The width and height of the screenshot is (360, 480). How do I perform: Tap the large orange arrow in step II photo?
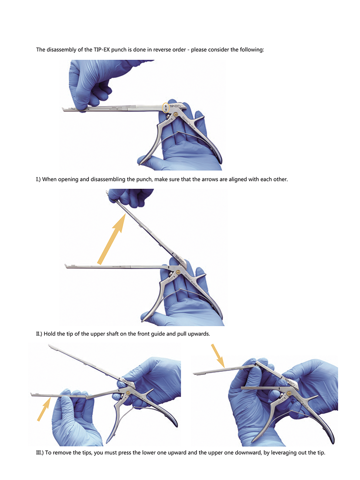pyautogui.click(x=112, y=238)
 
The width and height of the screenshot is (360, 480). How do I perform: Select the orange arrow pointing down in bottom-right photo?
pyautogui.click(x=218, y=356)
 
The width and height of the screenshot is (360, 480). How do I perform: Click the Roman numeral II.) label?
pyautogui.click(x=39, y=334)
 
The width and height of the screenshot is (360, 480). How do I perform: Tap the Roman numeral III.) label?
pyautogui.click(x=40, y=453)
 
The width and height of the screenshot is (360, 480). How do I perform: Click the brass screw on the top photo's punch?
pyautogui.click(x=176, y=115)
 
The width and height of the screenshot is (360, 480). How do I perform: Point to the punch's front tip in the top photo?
pyautogui.click(x=63, y=109)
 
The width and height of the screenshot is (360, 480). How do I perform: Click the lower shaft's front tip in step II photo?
pyautogui.click(x=66, y=266)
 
